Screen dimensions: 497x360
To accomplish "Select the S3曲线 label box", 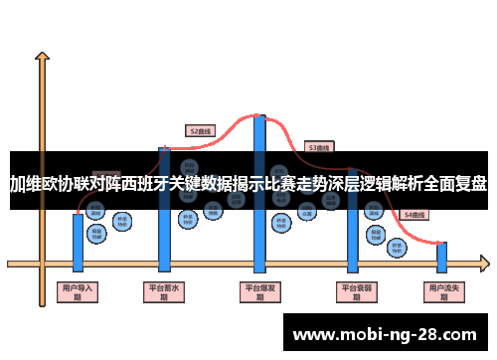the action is tap(319, 146).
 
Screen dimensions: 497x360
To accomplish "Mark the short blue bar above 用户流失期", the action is tap(441, 257).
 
